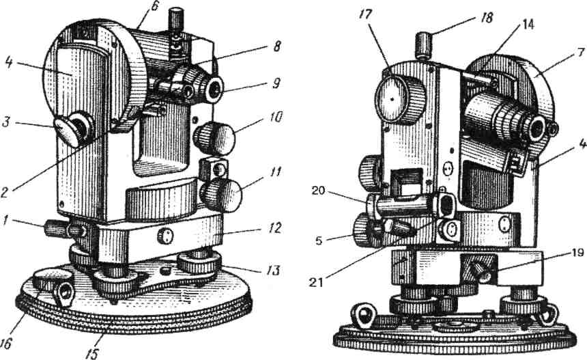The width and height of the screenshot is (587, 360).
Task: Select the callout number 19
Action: point(558,251)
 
